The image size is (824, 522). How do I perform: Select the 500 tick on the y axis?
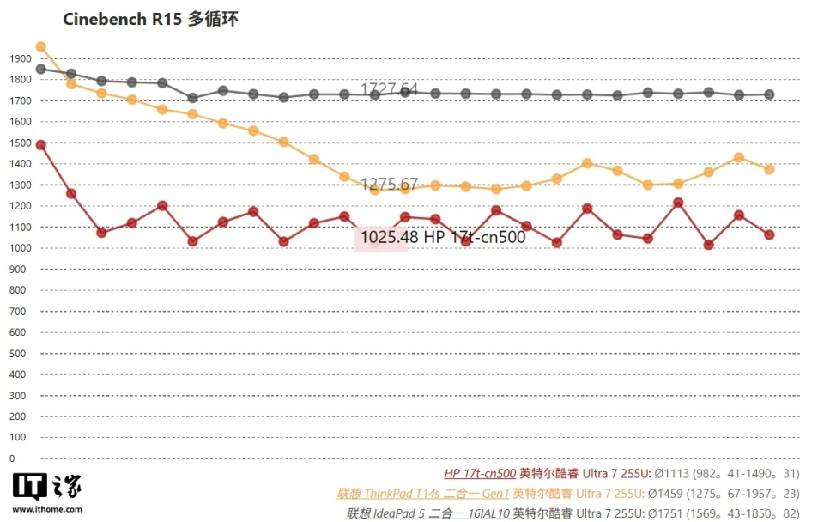18,354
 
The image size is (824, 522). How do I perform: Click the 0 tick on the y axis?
12,458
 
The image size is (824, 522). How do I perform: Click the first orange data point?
40,47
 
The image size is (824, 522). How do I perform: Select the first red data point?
40,145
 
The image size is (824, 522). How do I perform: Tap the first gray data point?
40,69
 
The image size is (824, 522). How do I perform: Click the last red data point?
769,234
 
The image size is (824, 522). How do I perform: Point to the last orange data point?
769,169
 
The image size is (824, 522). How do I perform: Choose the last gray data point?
769,94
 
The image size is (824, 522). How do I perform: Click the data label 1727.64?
389,89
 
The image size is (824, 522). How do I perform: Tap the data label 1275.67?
389,184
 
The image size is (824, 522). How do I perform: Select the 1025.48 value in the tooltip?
383,237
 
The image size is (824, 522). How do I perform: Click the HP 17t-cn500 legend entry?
480,473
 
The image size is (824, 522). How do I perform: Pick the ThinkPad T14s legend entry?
423,494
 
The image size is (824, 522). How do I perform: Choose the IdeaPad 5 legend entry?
427,513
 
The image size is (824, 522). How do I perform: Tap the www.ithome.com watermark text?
47,508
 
